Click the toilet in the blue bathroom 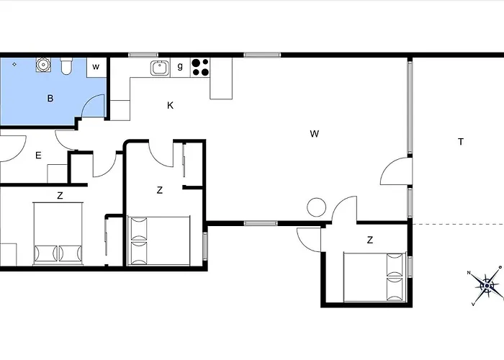tap(66, 66)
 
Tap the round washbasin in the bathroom tap(42, 65)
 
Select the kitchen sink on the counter tap(160, 68)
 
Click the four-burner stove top tap(200, 67)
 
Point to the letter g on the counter tap(180, 66)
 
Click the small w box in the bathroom tap(96, 67)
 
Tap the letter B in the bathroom tap(50, 99)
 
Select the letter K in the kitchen tap(171, 105)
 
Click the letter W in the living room tap(315, 134)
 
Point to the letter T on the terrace tap(461, 142)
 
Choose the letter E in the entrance tap(38, 156)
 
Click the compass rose tap(487, 285)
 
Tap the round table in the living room tap(317, 207)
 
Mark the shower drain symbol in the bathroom tap(14, 65)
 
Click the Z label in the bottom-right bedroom tap(370, 240)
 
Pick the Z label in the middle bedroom tap(159, 190)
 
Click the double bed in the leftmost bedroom tap(58, 234)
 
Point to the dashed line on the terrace tap(459, 224)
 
